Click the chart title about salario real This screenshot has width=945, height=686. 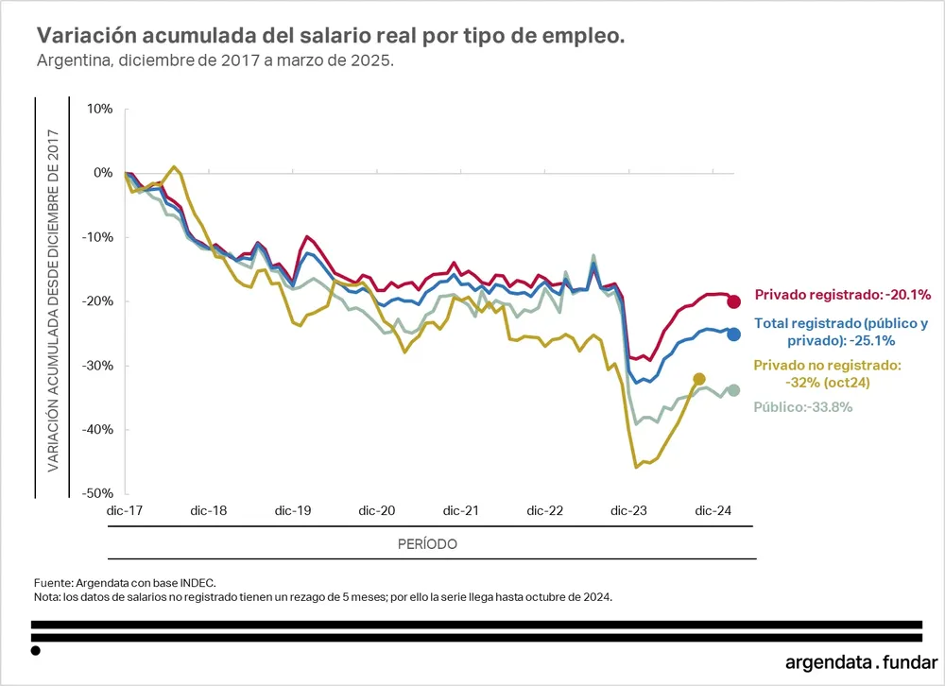click(x=330, y=36)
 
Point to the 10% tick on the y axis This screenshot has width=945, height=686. click(x=99, y=109)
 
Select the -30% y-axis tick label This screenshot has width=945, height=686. click(x=95, y=365)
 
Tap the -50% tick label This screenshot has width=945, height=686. click(x=95, y=493)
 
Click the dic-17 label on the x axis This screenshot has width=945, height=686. click(x=125, y=511)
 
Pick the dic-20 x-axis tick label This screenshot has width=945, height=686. click(x=376, y=511)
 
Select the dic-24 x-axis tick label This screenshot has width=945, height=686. click(x=713, y=511)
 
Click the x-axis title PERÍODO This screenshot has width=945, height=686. click(x=427, y=544)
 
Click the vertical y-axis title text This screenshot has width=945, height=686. click(x=54, y=300)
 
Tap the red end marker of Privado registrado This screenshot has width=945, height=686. click(x=733, y=301)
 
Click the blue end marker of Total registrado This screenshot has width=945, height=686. click(x=733, y=334)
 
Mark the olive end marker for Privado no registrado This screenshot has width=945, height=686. click(x=699, y=379)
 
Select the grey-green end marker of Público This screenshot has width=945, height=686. click(x=733, y=390)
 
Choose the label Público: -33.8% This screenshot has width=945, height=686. click(x=803, y=407)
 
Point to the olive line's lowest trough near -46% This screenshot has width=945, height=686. click(x=636, y=467)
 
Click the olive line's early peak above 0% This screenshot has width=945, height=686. click(x=175, y=167)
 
